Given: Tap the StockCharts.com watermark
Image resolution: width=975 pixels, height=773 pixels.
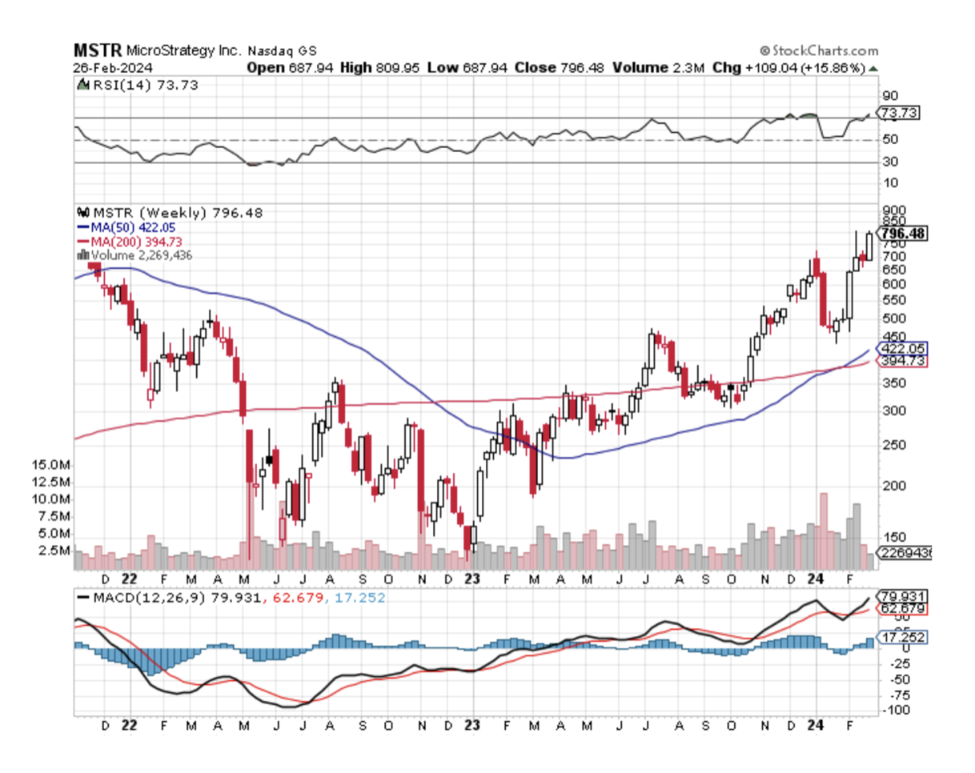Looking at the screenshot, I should [819, 50].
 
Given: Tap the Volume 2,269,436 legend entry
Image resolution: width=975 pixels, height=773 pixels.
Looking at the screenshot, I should [141, 254].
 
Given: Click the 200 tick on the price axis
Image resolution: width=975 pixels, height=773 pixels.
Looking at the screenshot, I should [890, 486].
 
